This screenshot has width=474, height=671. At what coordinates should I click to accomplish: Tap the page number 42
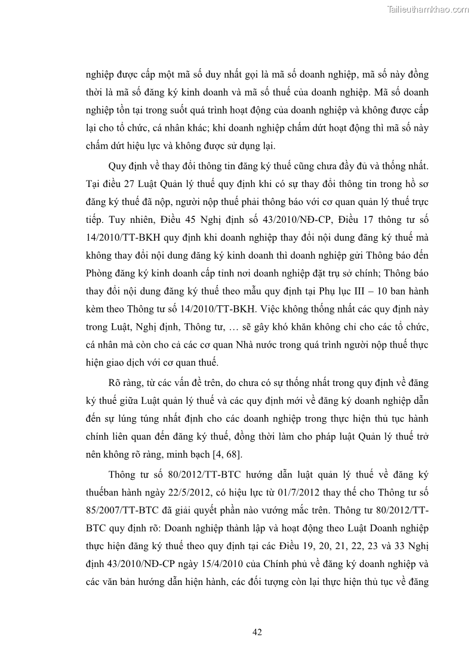(x=258, y=632)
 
